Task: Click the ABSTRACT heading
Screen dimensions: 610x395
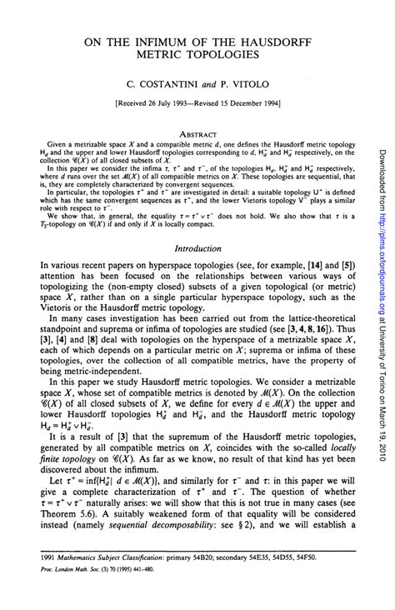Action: point(197,133)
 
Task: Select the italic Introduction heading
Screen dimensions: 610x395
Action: point(197,247)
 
